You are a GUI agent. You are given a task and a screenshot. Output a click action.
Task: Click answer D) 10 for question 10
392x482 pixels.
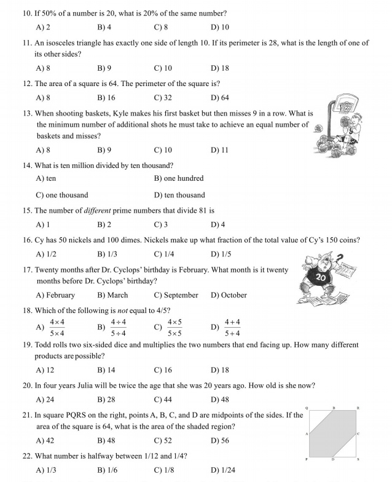click(x=219, y=28)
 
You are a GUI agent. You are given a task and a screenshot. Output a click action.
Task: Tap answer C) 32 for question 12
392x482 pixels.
click(x=162, y=98)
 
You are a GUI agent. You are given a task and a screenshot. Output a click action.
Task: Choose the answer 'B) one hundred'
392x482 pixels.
click(x=178, y=178)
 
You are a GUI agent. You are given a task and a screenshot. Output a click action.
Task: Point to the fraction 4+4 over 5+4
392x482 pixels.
click(x=232, y=328)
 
